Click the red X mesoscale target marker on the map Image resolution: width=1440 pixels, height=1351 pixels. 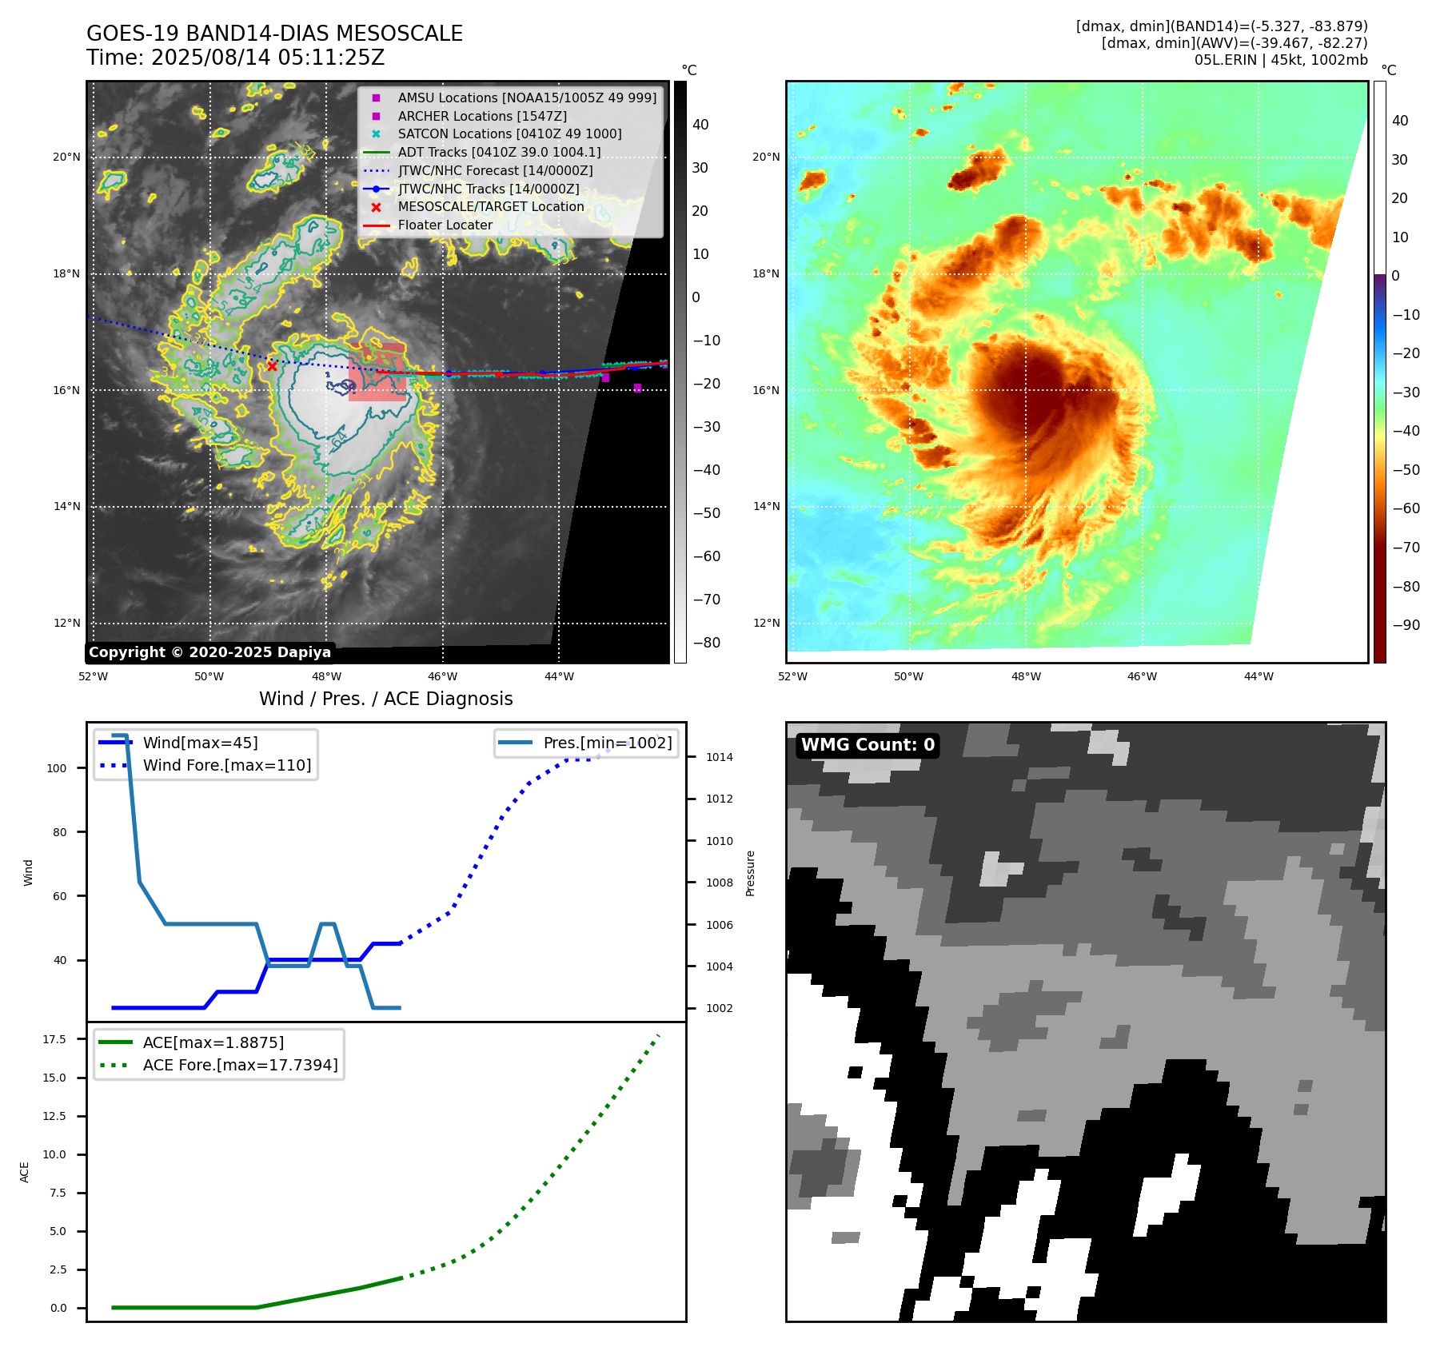point(272,366)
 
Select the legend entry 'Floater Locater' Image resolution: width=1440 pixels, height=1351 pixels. point(445,225)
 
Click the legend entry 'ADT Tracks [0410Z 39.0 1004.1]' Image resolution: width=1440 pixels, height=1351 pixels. point(499,152)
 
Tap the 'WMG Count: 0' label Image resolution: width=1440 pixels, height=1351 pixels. point(868,745)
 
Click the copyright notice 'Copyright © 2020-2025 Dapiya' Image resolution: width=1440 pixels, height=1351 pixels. point(209,652)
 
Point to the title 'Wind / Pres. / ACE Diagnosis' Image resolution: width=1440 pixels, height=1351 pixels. point(385,699)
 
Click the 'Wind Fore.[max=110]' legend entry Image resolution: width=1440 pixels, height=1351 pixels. point(226,765)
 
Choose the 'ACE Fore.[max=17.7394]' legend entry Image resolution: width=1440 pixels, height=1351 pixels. point(240,1065)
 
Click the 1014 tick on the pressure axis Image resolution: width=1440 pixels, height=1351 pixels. point(719,757)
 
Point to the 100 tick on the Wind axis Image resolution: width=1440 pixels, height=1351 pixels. point(57,768)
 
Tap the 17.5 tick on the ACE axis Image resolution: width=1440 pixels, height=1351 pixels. point(54,1039)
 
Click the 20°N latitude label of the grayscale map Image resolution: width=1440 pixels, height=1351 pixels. point(66,157)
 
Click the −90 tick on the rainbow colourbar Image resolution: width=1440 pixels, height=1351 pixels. point(1406,625)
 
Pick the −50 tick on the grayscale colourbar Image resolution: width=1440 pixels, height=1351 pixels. point(706,513)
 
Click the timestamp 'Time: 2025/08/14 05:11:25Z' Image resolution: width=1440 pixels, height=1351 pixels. point(235,58)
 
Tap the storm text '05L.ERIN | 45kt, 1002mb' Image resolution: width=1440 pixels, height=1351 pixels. point(1281,60)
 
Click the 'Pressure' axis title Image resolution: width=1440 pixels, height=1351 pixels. point(750,873)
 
